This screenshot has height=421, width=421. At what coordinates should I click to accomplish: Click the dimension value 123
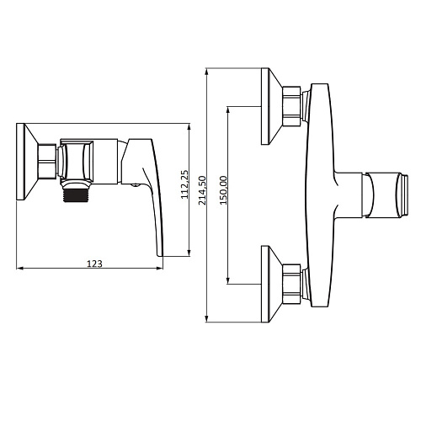pos(94,264)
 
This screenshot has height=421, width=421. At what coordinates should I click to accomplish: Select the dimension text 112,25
pos(184,184)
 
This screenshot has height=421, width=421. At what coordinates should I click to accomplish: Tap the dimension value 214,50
pos(202,190)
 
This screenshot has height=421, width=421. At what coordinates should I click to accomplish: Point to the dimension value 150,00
pos(223,190)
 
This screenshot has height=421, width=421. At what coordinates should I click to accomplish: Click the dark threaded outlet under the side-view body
pos(76,195)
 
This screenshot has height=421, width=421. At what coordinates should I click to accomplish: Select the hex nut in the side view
pos(47,162)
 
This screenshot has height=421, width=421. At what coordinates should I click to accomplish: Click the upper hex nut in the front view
pos(292,106)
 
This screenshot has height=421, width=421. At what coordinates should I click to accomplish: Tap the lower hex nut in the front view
pos(292,284)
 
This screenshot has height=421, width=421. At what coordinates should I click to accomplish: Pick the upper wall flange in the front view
pos(272,106)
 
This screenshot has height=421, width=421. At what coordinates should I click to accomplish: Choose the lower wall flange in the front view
pos(272,284)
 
